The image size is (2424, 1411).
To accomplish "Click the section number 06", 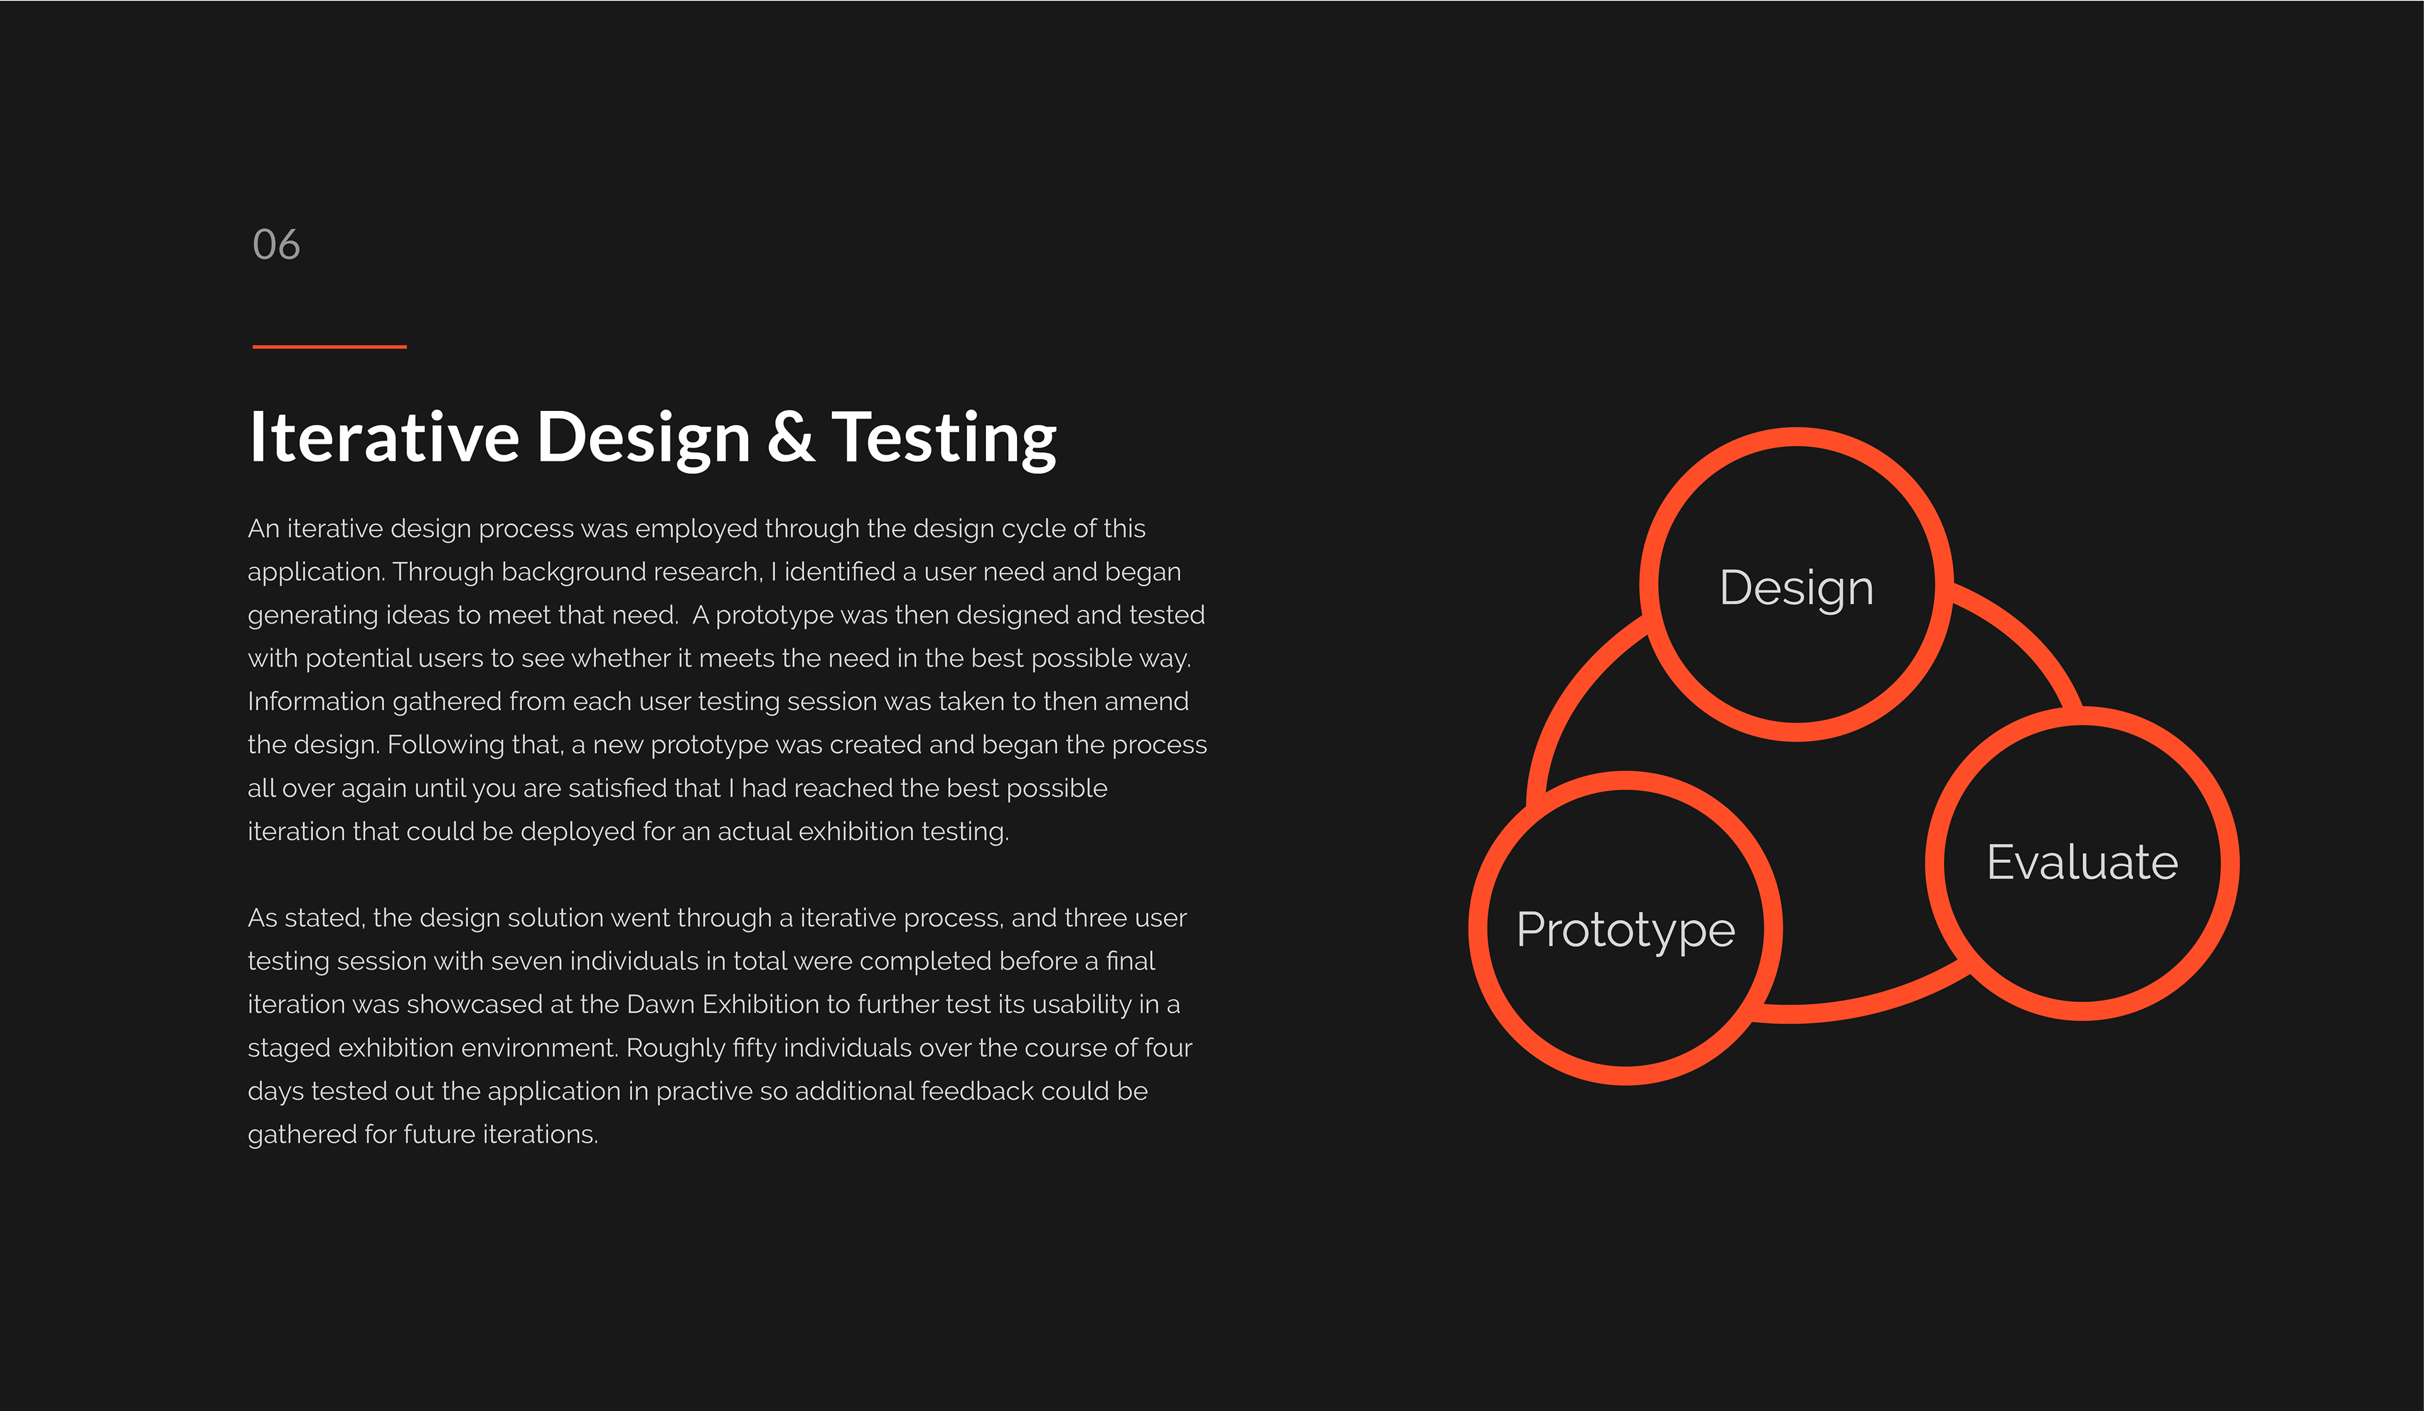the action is (276, 244).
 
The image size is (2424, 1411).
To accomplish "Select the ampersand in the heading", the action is (791, 438).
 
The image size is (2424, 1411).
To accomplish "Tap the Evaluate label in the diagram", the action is (2082, 862).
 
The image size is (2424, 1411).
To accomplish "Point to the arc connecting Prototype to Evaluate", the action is (1862, 1005).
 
